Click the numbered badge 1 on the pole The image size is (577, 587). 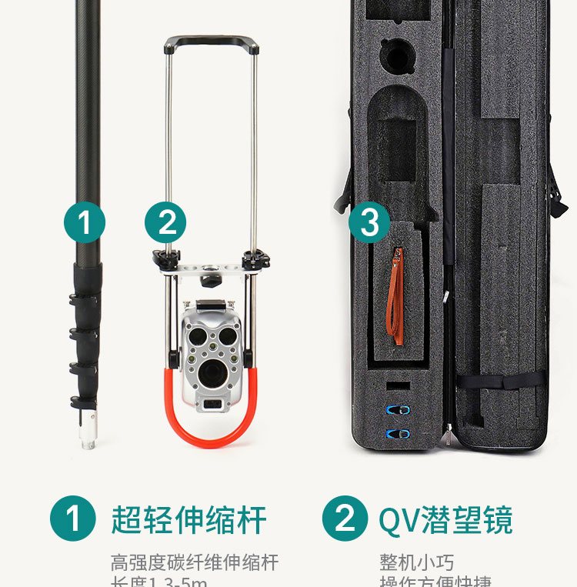(x=84, y=222)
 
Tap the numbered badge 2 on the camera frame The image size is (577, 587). (x=165, y=222)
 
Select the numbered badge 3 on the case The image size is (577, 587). (x=369, y=222)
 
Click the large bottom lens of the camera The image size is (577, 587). (x=210, y=375)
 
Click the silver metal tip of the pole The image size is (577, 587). (x=88, y=431)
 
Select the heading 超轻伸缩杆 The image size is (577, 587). (x=188, y=520)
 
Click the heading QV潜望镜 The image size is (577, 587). (x=445, y=520)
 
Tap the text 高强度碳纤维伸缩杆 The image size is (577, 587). (x=194, y=562)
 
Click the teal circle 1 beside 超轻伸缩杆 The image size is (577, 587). (x=73, y=519)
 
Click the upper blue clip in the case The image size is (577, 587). (x=398, y=409)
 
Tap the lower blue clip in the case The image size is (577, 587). (x=398, y=434)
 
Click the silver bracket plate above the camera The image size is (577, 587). (x=209, y=271)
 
